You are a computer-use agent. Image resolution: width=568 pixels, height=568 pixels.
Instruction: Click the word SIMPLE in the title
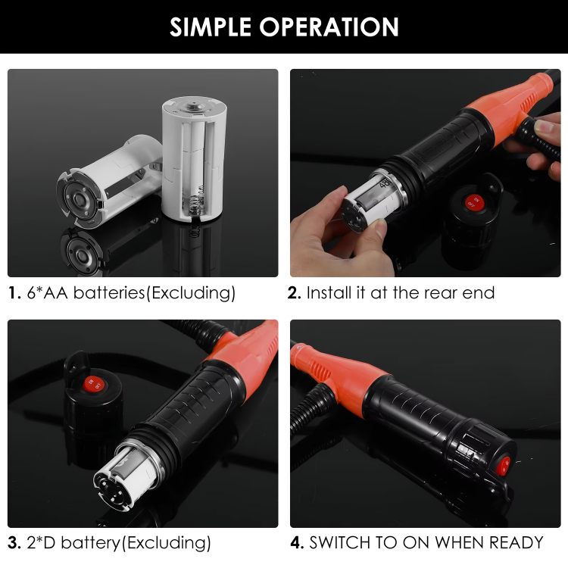point(211,27)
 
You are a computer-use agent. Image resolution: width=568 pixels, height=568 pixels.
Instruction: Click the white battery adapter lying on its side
point(106,182)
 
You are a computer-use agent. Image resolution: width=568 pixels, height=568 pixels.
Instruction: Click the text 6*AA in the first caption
point(46,292)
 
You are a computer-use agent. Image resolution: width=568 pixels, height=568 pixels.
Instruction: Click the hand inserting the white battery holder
point(326,227)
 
